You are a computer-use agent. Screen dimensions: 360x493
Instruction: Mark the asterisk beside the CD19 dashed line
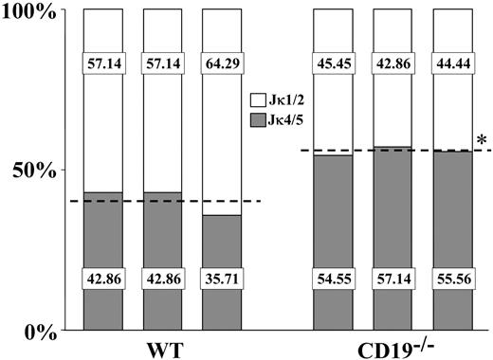482,141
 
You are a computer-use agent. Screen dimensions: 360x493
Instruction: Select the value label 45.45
333,68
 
